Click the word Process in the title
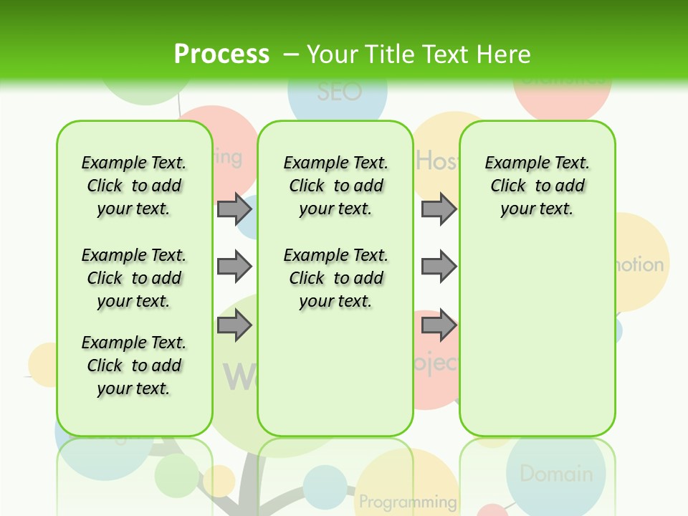[221, 54]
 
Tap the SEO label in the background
[339, 92]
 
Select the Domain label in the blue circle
[556, 474]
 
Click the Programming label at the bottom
[408, 501]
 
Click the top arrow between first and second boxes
[234, 209]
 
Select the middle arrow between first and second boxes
[234, 267]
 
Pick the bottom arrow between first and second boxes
[234, 325]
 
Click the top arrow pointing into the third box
[439, 209]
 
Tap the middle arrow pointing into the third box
[439, 267]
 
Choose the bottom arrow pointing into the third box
[439, 325]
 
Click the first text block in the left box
[134, 186]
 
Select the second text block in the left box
[134, 278]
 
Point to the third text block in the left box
[134, 365]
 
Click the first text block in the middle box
[335, 186]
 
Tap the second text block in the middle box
[335, 278]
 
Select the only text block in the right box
[537, 186]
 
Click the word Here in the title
[502, 54]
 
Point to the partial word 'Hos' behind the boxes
[436, 161]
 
